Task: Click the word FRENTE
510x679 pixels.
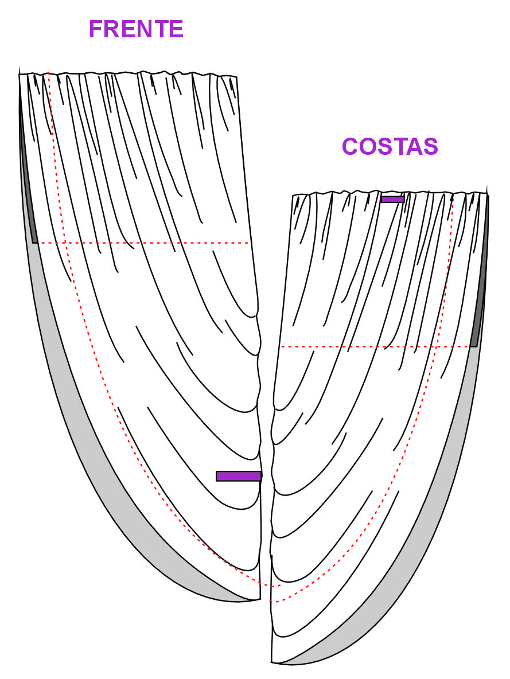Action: click(x=136, y=29)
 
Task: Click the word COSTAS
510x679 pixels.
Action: click(x=390, y=146)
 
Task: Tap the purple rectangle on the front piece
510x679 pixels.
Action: click(x=239, y=476)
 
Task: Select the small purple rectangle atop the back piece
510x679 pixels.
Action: click(x=392, y=199)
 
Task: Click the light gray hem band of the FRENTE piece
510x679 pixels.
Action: click(x=87, y=455)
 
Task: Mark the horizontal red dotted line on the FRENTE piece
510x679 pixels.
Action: click(x=143, y=243)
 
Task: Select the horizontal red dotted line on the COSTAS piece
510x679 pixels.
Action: click(x=376, y=346)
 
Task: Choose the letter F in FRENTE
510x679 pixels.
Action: click(x=96, y=29)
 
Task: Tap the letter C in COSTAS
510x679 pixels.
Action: click(x=350, y=146)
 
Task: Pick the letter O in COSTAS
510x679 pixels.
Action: click(x=368, y=146)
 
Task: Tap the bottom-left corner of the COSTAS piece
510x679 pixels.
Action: click(x=272, y=662)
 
